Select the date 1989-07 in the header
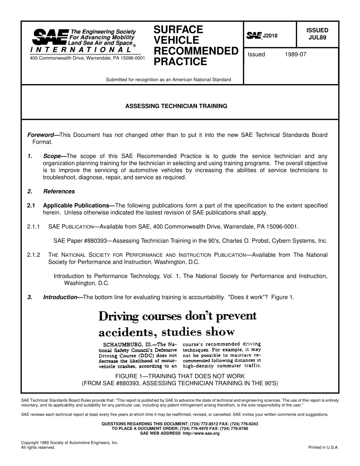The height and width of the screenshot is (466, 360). (x=295, y=54)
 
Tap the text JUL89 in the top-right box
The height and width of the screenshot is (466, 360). (x=317, y=38)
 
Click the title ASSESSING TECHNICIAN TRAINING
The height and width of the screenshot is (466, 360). (x=176, y=106)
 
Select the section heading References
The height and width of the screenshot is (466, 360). (x=59, y=191)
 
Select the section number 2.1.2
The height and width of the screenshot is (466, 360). (x=34, y=255)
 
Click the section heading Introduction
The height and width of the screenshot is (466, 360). (x=60, y=297)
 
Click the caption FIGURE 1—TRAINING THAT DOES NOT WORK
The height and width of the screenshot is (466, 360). (x=180, y=376)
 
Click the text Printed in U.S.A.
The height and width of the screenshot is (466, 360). (x=323, y=447)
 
